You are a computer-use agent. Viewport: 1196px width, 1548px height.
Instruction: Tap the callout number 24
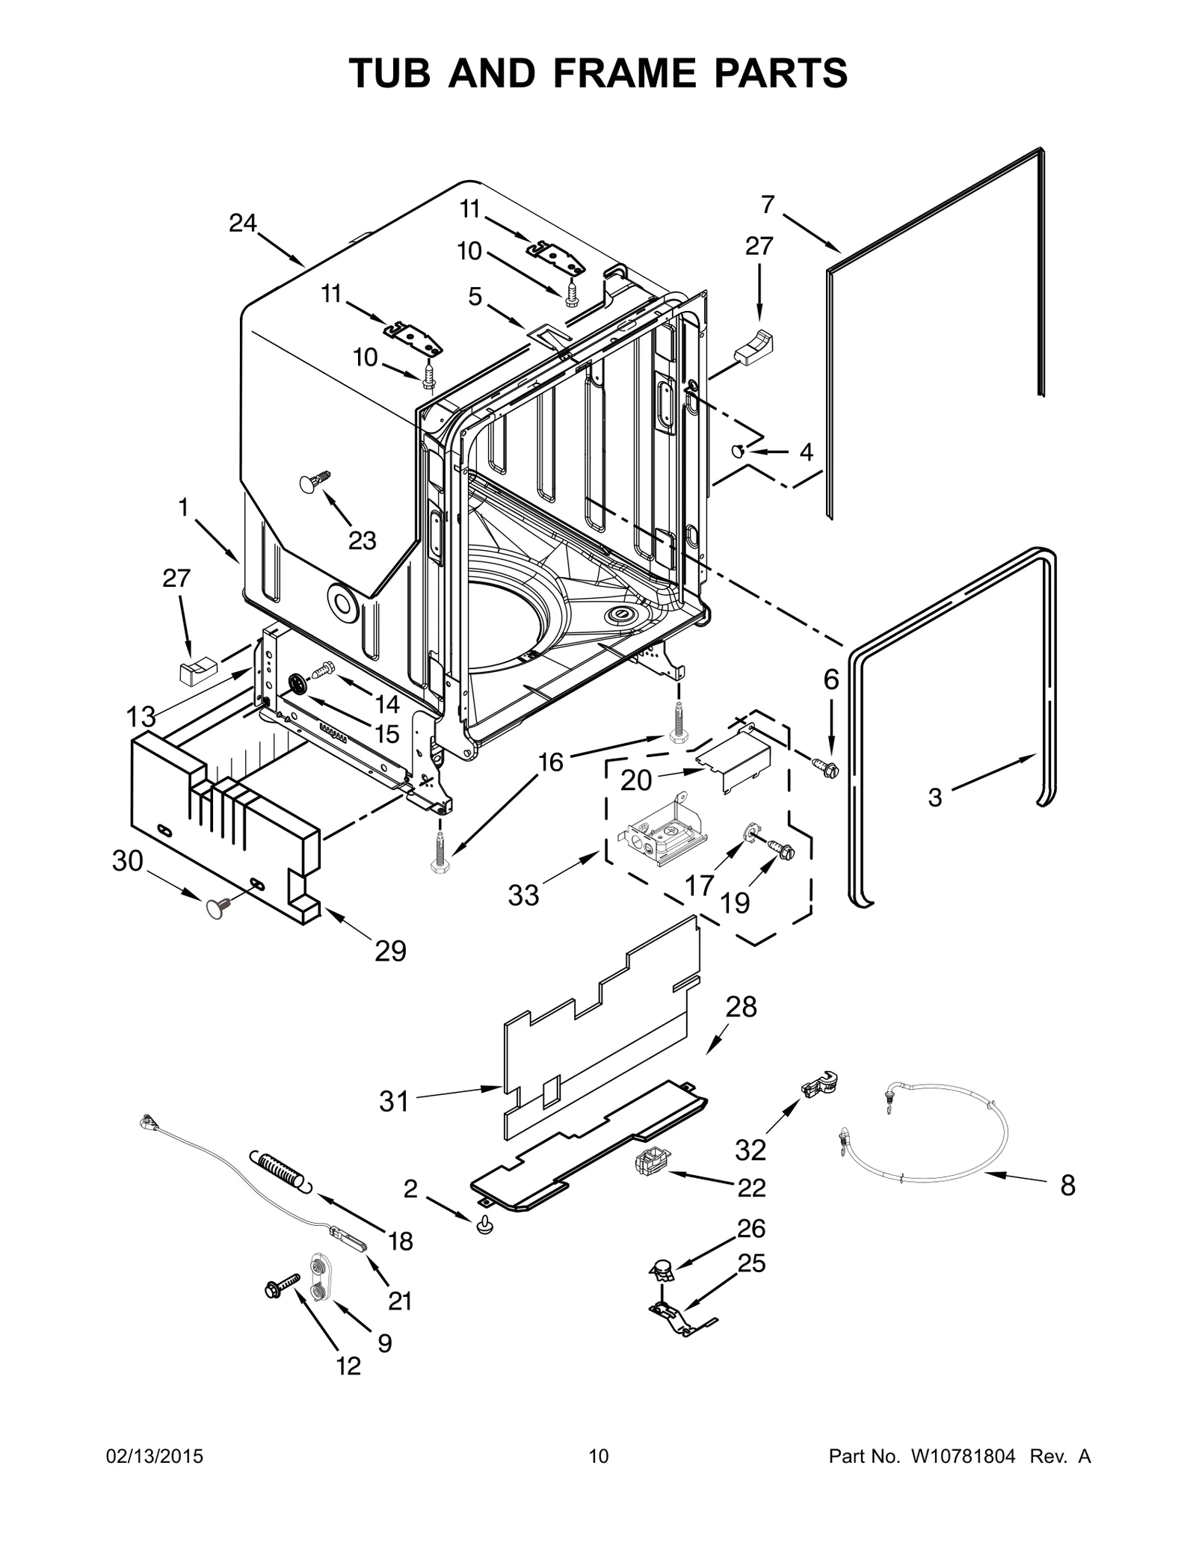point(243,223)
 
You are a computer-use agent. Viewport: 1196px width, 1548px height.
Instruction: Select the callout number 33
point(523,895)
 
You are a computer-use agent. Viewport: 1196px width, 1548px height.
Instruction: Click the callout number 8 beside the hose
point(1067,1185)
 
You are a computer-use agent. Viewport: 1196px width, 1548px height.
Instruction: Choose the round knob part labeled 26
point(660,1266)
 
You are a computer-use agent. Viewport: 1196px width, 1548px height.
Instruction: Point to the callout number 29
point(390,952)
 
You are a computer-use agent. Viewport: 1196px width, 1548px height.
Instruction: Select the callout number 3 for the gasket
point(934,798)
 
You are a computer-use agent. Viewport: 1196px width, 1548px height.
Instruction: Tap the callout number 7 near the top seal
point(768,204)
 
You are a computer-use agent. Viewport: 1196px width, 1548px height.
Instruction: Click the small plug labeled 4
point(738,451)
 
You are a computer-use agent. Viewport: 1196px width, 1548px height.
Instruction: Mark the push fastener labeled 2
point(484,1224)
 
